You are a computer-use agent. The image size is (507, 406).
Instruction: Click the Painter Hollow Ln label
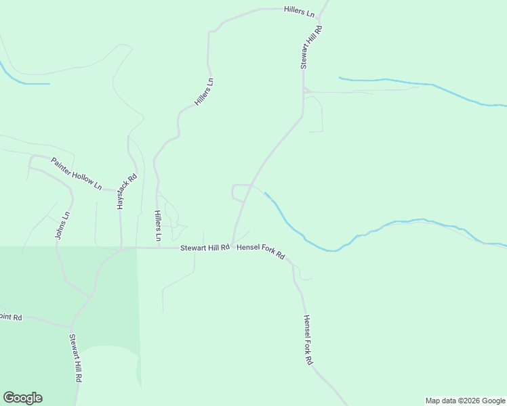coord(77,173)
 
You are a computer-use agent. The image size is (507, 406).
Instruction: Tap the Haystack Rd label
coord(127,191)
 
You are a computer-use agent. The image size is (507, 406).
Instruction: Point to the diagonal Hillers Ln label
coord(204,92)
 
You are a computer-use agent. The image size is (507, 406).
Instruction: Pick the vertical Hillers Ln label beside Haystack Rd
coord(157,226)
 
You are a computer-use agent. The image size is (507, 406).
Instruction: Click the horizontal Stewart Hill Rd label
coord(204,248)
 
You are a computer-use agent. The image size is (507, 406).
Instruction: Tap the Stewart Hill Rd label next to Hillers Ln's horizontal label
coord(311,47)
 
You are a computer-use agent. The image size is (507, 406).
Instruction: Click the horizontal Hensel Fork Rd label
coord(261,252)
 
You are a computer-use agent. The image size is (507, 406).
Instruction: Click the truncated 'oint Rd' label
coord(12,317)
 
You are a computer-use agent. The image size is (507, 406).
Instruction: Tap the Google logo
coord(22,398)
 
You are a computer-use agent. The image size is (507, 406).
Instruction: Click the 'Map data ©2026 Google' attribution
coord(465,401)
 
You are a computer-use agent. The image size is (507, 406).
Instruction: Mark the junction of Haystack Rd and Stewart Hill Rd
coord(121,248)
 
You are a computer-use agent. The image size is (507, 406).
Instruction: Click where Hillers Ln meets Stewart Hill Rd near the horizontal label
coord(159,248)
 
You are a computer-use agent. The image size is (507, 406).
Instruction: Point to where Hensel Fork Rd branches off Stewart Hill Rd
coord(232,247)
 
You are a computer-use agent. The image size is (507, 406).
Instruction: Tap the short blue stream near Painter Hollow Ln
coord(27,83)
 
